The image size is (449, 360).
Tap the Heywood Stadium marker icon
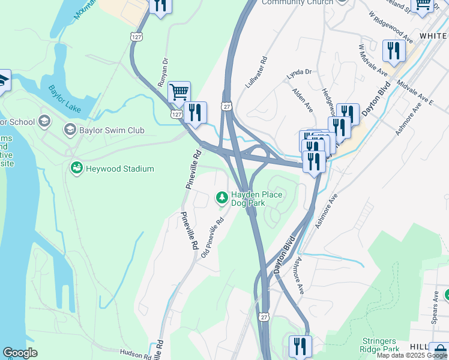(x=76, y=169)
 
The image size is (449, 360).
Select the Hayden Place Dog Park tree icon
(x=222, y=197)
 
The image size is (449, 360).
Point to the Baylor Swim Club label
(x=109, y=130)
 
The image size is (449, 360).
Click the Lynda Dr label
(x=300, y=72)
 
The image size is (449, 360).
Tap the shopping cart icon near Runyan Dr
(x=179, y=92)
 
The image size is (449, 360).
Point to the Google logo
(x=20, y=353)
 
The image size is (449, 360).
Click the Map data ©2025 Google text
(x=412, y=355)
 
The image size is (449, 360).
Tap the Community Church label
(x=297, y=2)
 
